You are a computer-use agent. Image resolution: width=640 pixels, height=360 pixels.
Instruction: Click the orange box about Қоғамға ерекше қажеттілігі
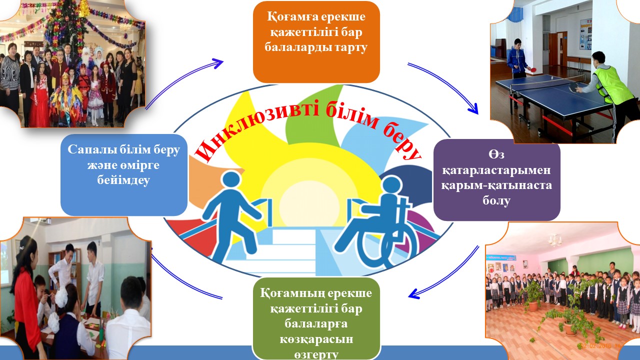pos(316,42)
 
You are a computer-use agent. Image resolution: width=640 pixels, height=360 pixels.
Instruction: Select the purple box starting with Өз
pos(497,180)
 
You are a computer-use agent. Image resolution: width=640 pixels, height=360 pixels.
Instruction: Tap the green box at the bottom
pos(316,318)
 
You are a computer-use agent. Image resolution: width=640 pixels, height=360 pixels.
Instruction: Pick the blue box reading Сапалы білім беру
pos(124,175)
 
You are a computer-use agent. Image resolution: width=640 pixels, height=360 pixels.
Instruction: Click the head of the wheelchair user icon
pos(392,185)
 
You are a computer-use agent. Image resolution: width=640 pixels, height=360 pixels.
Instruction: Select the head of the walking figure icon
pos(231,180)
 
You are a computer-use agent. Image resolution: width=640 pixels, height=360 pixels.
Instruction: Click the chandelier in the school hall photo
pos(554,239)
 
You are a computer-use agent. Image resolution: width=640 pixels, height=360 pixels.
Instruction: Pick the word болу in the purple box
pos(496,200)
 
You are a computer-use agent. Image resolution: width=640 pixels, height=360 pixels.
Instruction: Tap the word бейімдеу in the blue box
pos(123,180)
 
